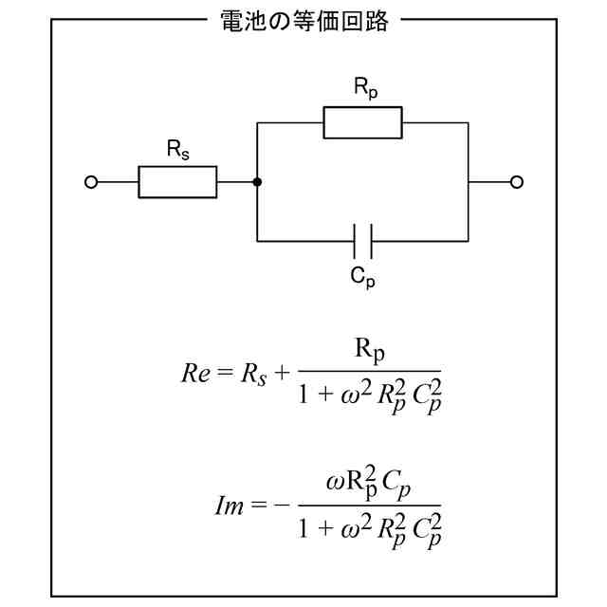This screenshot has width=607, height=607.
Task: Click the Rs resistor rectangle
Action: coord(177,182)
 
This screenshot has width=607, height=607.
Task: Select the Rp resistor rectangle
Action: coord(362,122)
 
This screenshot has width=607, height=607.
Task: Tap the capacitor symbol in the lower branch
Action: coord(362,241)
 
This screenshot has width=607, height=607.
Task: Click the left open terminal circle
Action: coord(91,182)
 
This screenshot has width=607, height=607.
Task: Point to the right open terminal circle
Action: coord(517,182)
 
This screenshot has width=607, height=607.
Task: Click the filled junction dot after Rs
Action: coord(257,182)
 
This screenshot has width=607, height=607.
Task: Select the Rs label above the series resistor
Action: coord(177,148)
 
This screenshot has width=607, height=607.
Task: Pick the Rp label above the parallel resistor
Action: coord(364,88)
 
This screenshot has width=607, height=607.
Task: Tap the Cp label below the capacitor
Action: coord(362,276)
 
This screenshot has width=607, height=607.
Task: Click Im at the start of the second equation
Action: coord(230,505)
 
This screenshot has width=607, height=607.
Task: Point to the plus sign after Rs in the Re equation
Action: coord(281,372)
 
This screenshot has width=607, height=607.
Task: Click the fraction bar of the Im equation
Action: coord(369,505)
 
